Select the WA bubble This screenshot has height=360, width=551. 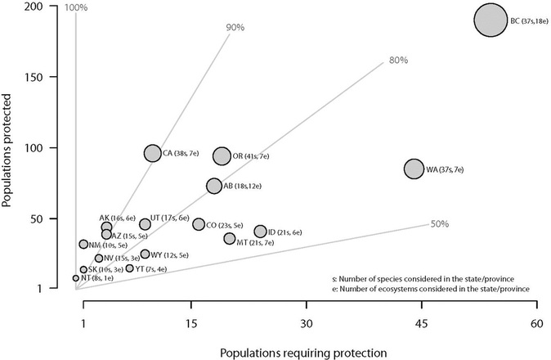[414, 169]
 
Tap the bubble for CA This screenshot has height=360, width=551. [153, 153]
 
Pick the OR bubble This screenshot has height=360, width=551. [222, 155]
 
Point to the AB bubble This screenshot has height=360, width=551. [214, 186]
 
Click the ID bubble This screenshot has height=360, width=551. [261, 232]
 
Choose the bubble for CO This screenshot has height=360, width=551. [199, 224]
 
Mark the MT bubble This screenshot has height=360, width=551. [230, 239]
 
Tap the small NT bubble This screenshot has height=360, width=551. [76, 278]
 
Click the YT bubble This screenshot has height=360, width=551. [129, 268]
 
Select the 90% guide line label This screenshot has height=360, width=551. [235, 27]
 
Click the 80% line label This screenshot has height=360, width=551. [397, 60]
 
